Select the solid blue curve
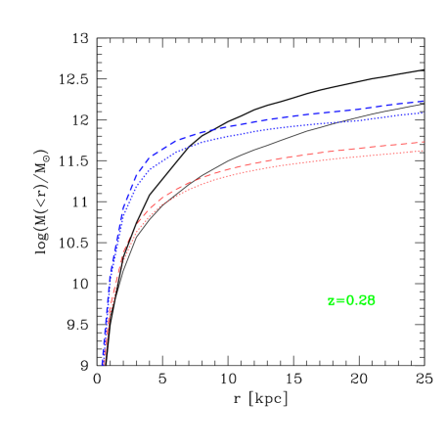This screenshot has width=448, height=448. (x=293, y=128)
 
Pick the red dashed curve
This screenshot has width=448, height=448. (x=293, y=160)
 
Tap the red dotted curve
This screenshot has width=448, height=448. (x=293, y=169)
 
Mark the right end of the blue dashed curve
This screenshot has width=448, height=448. (x=423, y=101)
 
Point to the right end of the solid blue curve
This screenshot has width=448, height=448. (x=423, y=113)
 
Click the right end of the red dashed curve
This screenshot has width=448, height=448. (x=424, y=142)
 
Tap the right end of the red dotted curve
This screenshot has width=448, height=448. (x=424, y=151)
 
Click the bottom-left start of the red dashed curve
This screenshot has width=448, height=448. (x=104, y=364)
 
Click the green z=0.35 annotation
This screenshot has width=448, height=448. (x=351, y=301)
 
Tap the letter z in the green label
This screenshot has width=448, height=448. (x=331, y=301)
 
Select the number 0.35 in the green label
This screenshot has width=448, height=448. (x=360, y=301)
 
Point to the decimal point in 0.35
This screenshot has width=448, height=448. (x=355, y=304)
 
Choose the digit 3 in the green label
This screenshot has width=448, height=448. (x=361, y=301)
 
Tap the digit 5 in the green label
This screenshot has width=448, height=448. (x=370, y=301)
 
